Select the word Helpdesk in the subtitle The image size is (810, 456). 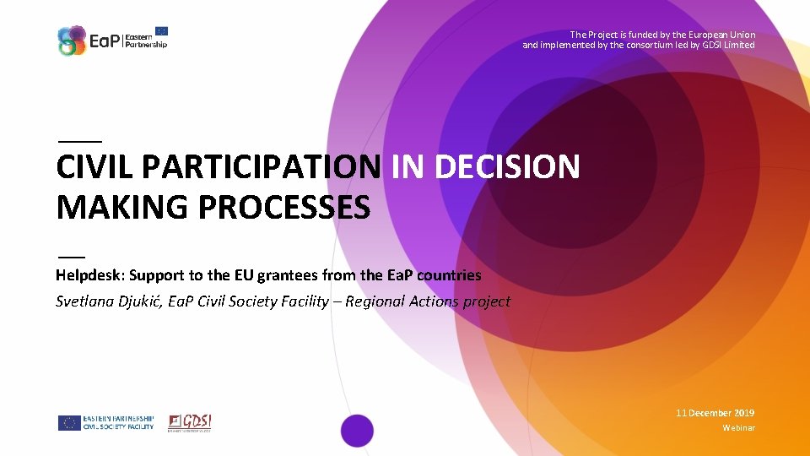(85, 275)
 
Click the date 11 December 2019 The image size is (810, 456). (715, 413)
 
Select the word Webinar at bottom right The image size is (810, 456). (738, 428)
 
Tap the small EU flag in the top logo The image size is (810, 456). (160, 31)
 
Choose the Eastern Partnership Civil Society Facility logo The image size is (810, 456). (106, 422)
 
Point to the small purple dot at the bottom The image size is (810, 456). (357, 430)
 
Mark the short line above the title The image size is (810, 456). (78, 139)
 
